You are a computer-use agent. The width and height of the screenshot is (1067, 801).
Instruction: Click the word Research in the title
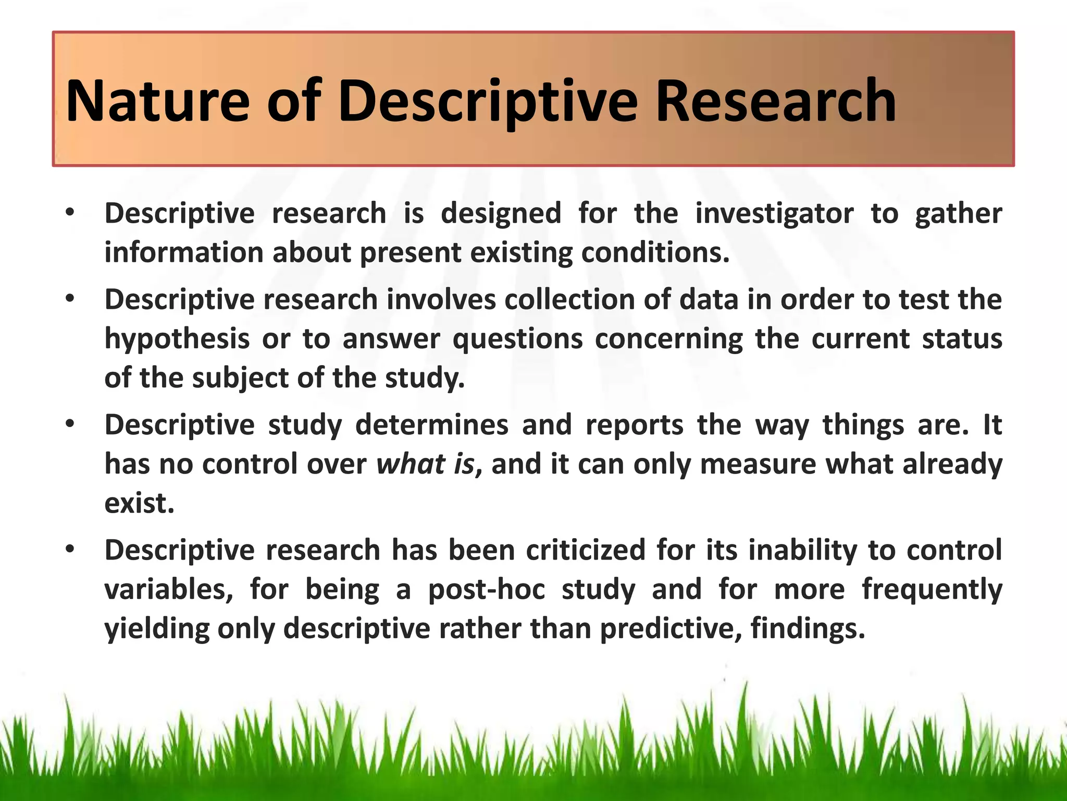click(x=775, y=101)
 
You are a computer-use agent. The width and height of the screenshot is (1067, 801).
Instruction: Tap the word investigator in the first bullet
click(x=774, y=214)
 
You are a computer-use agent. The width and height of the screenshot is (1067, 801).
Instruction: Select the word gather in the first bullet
click(x=958, y=214)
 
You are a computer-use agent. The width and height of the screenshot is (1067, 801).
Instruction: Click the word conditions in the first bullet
click(x=655, y=253)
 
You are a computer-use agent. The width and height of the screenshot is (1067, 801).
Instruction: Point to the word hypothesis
click(x=177, y=339)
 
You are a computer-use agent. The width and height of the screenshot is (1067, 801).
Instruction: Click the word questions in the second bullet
click(x=517, y=339)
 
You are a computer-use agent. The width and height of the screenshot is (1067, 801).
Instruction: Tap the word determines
click(x=431, y=425)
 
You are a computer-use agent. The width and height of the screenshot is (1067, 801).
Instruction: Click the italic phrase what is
click(x=426, y=464)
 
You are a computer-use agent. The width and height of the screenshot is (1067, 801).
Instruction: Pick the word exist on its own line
click(x=139, y=503)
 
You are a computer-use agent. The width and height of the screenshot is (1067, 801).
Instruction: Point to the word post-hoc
click(x=486, y=590)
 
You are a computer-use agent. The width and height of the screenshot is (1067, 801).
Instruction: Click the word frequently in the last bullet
click(x=932, y=590)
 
